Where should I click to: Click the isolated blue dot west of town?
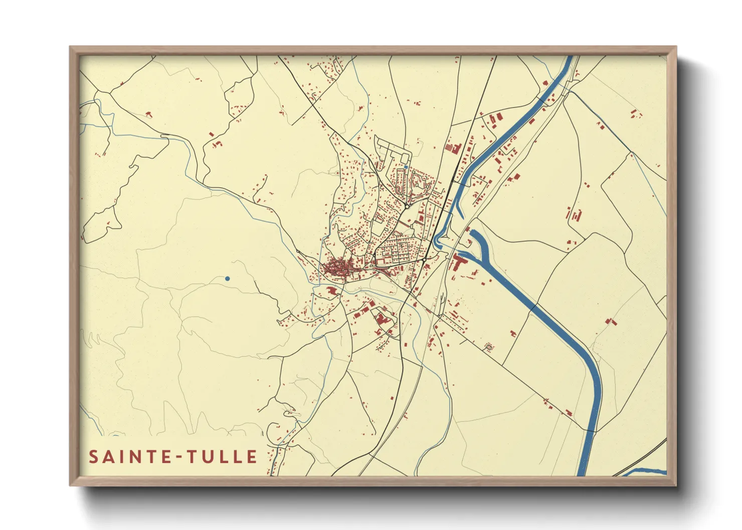coord(228,279)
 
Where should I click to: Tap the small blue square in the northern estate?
coord(406,167)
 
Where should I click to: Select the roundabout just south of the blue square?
coord(407,205)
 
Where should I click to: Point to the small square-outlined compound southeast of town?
coord(489,347)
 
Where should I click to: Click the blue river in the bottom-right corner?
coord(647,471)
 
